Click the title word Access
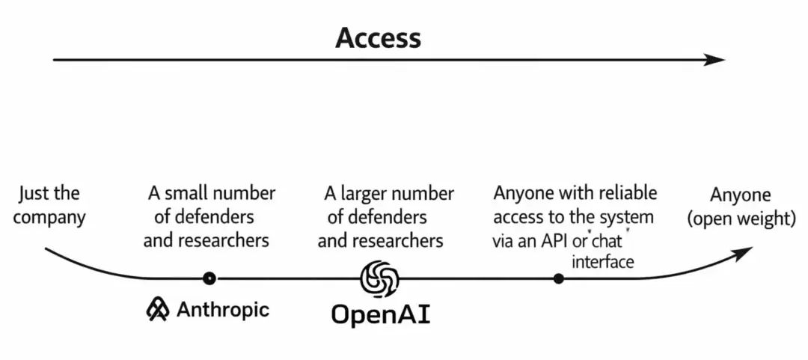tap(378, 37)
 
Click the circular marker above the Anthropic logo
tap(209, 278)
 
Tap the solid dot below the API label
tap(558, 278)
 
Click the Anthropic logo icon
tap(158, 309)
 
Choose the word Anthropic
tap(222, 309)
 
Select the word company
tap(49, 218)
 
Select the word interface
tap(602, 261)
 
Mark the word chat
tap(607, 241)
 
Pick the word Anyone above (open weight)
tap(740, 195)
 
